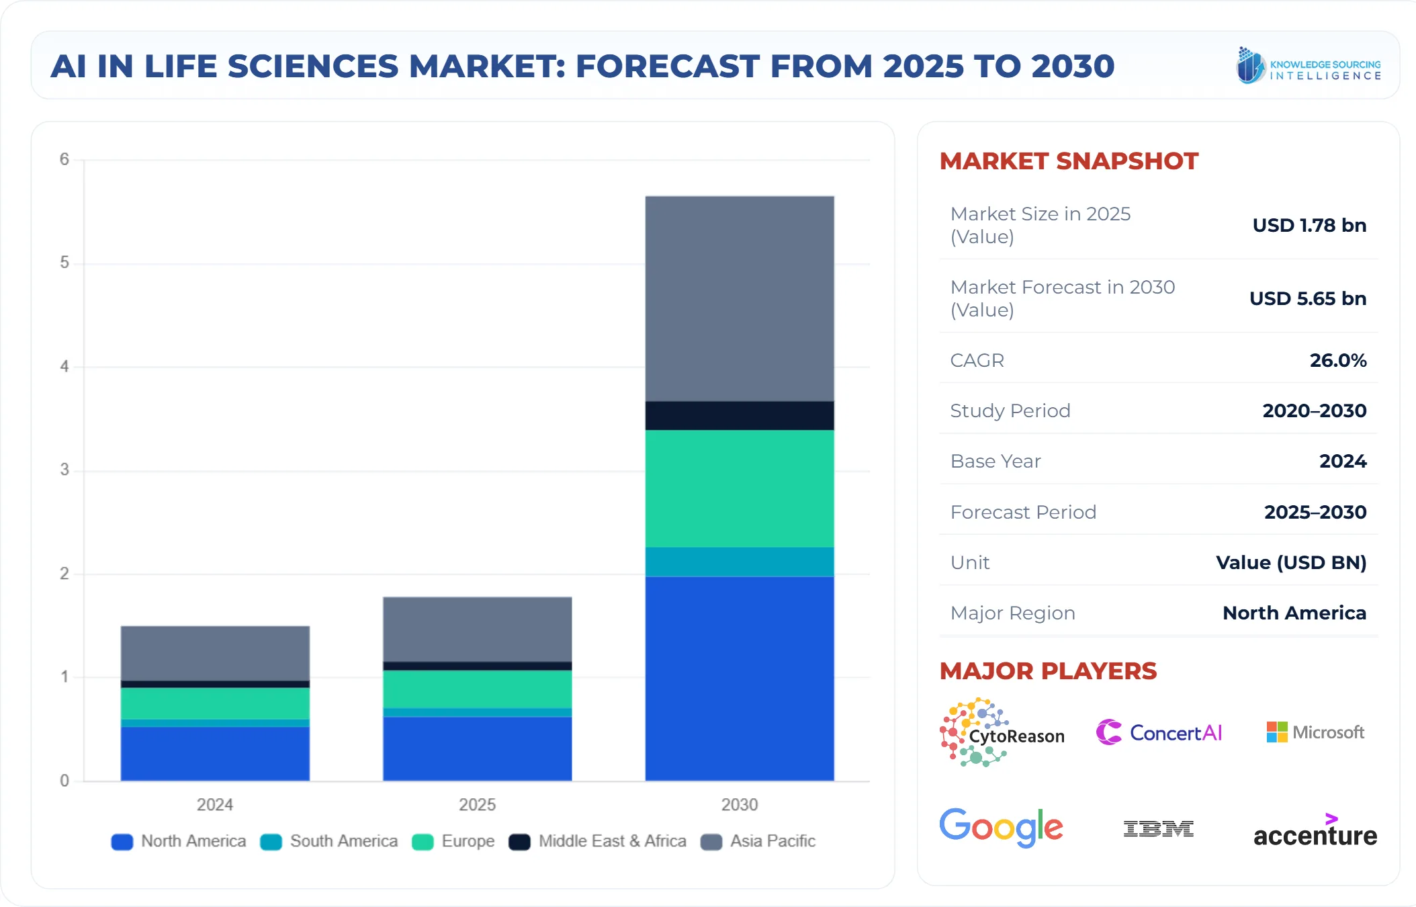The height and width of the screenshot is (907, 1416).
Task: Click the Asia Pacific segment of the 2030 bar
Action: click(739, 299)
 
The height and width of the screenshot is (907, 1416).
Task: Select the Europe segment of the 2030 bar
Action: click(739, 488)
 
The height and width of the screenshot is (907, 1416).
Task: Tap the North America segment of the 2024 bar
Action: click(215, 753)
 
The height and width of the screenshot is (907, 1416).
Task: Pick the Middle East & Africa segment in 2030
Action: click(739, 415)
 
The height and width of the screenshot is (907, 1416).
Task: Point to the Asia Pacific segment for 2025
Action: click(477, 629)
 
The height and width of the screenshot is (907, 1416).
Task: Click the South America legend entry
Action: click(329, 841)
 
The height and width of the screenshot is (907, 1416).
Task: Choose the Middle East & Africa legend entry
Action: click(598, 841)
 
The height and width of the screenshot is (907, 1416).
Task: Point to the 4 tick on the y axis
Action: click(64, 366)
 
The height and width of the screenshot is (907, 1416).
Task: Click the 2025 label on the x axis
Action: click(477, 804)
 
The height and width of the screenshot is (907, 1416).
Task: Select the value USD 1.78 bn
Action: click(1309, 225)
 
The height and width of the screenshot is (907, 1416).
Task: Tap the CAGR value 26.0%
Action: click(1337, 360)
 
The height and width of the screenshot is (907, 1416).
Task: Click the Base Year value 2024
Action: click(1342, 461)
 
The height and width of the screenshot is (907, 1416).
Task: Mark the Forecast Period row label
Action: click(1022, 512)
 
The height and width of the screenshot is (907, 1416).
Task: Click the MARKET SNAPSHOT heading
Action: click(1068, 161)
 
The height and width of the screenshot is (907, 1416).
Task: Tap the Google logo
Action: click(1001, 827)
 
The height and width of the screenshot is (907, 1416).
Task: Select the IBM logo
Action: click(1158, 828)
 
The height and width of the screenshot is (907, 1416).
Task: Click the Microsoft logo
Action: click(1315, 732)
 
